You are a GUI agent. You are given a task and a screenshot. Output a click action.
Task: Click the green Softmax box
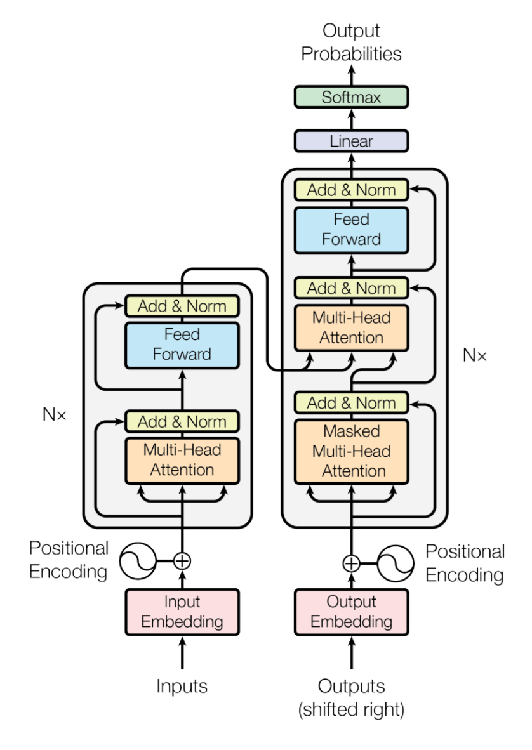(351, 98)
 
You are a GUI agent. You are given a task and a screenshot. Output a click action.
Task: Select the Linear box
(351, 140)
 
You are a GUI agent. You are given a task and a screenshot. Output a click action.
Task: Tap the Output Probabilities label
(351, 42)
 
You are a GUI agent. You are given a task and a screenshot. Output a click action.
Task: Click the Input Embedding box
(182, 612)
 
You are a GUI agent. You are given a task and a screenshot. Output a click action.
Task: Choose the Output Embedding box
(351, 612)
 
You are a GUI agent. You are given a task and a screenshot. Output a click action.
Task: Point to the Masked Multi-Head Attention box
(351, 451)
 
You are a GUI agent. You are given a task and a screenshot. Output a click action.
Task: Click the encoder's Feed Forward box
(182, 345)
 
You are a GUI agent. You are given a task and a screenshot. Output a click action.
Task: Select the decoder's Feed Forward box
(351, 229)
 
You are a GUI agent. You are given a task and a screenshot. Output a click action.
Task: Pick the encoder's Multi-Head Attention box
(182, 460)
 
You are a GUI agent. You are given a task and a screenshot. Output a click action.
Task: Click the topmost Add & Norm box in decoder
(351, 190)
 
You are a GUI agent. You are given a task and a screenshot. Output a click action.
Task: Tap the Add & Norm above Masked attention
(351, 402)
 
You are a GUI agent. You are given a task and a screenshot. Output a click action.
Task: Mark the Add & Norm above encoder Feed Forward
(182, 306)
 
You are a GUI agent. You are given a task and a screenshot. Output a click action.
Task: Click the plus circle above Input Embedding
(182, 561)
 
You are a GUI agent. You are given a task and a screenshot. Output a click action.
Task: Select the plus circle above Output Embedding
(351, 562)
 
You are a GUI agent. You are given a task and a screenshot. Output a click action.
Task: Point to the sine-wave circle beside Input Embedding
(138, 561)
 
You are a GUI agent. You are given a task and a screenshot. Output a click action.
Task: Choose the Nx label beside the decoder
(474, 355)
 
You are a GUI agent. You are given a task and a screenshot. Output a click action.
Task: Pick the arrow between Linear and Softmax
(351, 119)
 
